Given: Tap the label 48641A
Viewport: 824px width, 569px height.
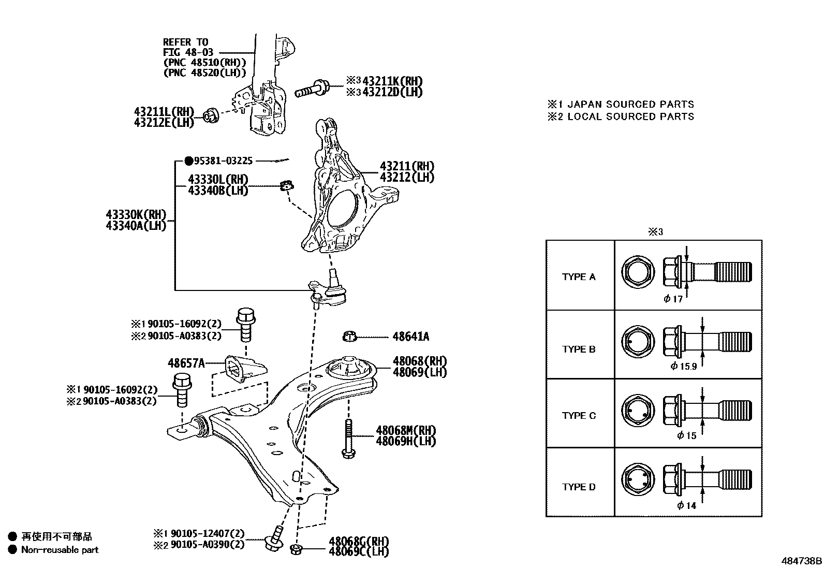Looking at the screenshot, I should click(x=410, y=337).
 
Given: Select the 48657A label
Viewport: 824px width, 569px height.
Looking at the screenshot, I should click(x=186, y=363).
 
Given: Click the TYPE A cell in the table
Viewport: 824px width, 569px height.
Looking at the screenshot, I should click(x=579, y=277).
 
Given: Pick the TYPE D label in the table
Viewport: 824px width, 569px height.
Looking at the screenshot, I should click(x=579, y=487).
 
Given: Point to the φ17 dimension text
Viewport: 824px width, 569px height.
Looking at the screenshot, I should click(x=673, y=299).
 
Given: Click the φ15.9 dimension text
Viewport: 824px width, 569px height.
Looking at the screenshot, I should click(x=683, y=367).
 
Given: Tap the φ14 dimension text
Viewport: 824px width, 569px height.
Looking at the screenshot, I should click(x=687, y=506).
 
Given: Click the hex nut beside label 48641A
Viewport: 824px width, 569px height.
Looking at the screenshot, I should click(x=350, y=337).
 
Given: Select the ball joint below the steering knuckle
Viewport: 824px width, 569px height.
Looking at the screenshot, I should click(x=331, y=290).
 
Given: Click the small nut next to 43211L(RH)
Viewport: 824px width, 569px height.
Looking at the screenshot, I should click(x=210, y=115).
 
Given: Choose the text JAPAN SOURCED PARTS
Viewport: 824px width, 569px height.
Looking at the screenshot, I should click(x=631, y=104).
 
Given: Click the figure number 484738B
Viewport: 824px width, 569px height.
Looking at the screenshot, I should click(x=801, y=561).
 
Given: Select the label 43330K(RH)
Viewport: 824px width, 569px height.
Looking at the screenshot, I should click(x=136, y=215).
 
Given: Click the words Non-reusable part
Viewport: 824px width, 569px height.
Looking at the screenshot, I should click(x=60, y=550).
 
